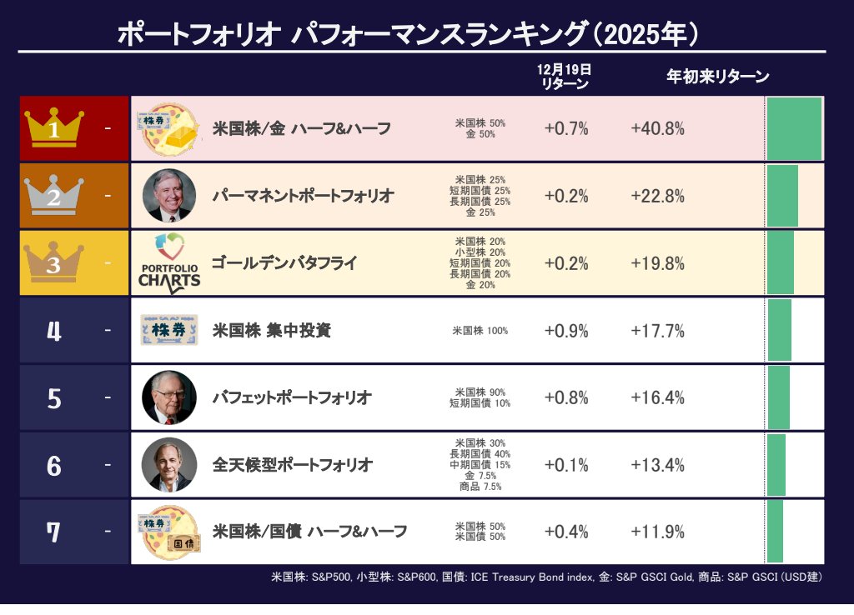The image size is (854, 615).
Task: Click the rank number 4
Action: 54,331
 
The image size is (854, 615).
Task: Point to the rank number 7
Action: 54,532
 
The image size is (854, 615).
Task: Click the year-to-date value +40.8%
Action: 657,128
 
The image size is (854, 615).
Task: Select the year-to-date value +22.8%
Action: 657,196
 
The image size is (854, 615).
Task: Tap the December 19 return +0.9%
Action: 566,331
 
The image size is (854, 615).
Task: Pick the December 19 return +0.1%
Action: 566,465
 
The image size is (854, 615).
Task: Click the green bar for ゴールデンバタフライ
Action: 780,263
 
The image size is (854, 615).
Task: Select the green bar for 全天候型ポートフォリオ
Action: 776,464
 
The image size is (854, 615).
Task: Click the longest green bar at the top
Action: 794,128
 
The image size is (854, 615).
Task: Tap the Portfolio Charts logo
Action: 169,263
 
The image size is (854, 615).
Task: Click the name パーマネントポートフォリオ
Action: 302,196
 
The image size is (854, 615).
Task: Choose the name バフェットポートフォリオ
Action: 292,397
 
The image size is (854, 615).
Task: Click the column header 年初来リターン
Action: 717,77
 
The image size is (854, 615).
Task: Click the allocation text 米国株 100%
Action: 480,331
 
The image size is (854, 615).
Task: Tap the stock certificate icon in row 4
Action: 169,331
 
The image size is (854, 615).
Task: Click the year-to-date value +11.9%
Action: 657,532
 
